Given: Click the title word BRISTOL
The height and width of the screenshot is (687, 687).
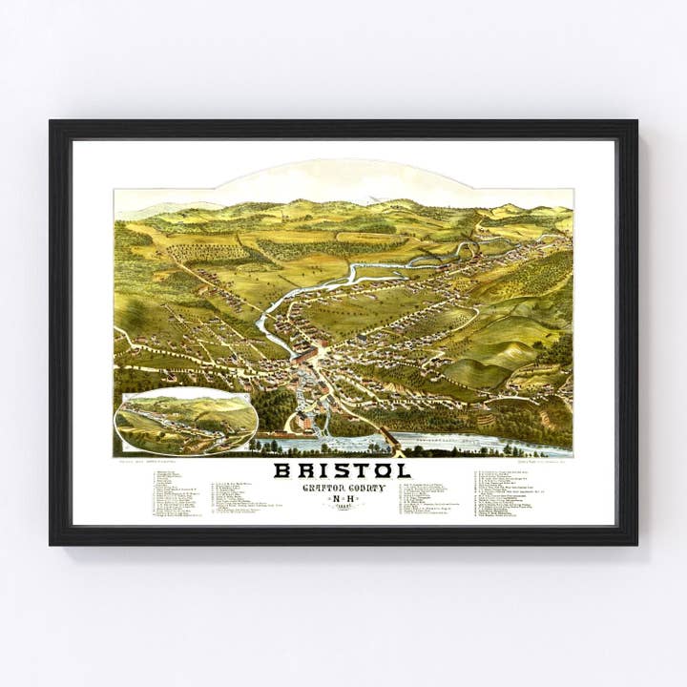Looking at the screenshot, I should point(343,470).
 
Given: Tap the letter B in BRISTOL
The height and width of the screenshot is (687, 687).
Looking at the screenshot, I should point(283,470).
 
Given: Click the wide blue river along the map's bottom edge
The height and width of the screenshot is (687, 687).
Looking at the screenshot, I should point(477,444).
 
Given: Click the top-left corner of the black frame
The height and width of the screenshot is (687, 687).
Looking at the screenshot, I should point(52,122).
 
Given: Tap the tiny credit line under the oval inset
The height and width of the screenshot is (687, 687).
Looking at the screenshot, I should point(143,463).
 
